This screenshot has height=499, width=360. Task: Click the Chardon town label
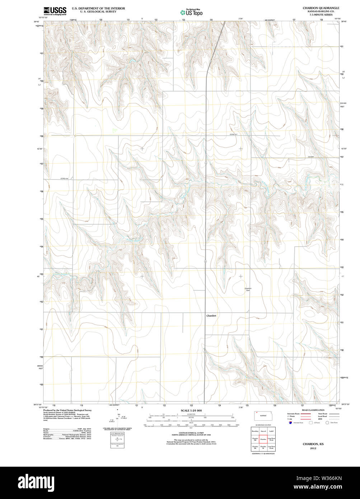[x=211, y=316]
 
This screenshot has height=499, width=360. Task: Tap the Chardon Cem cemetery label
[x=248, y=289]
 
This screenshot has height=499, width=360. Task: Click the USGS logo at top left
[x=55, y=11]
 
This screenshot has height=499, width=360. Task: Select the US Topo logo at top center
[x=191, y=12]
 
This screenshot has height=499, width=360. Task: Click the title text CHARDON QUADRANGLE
[x=321, y=8]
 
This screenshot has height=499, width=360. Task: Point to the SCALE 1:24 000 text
[x=191, y=410]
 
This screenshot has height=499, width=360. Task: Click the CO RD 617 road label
[x=234, y=134]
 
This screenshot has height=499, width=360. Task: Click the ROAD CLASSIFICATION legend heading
[x=313, y=410]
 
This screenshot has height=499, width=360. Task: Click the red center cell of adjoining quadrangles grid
[x=263, y=439]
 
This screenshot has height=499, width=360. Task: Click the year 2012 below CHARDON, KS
[x=313, y=448]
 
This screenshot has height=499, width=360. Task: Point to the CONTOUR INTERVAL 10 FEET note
[x=191, y=433]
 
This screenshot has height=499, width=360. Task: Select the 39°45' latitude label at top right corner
[x=344, y=22]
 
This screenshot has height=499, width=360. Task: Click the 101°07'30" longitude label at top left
[x=43, y=18]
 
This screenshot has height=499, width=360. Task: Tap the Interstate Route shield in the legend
[x=290, y=423]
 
